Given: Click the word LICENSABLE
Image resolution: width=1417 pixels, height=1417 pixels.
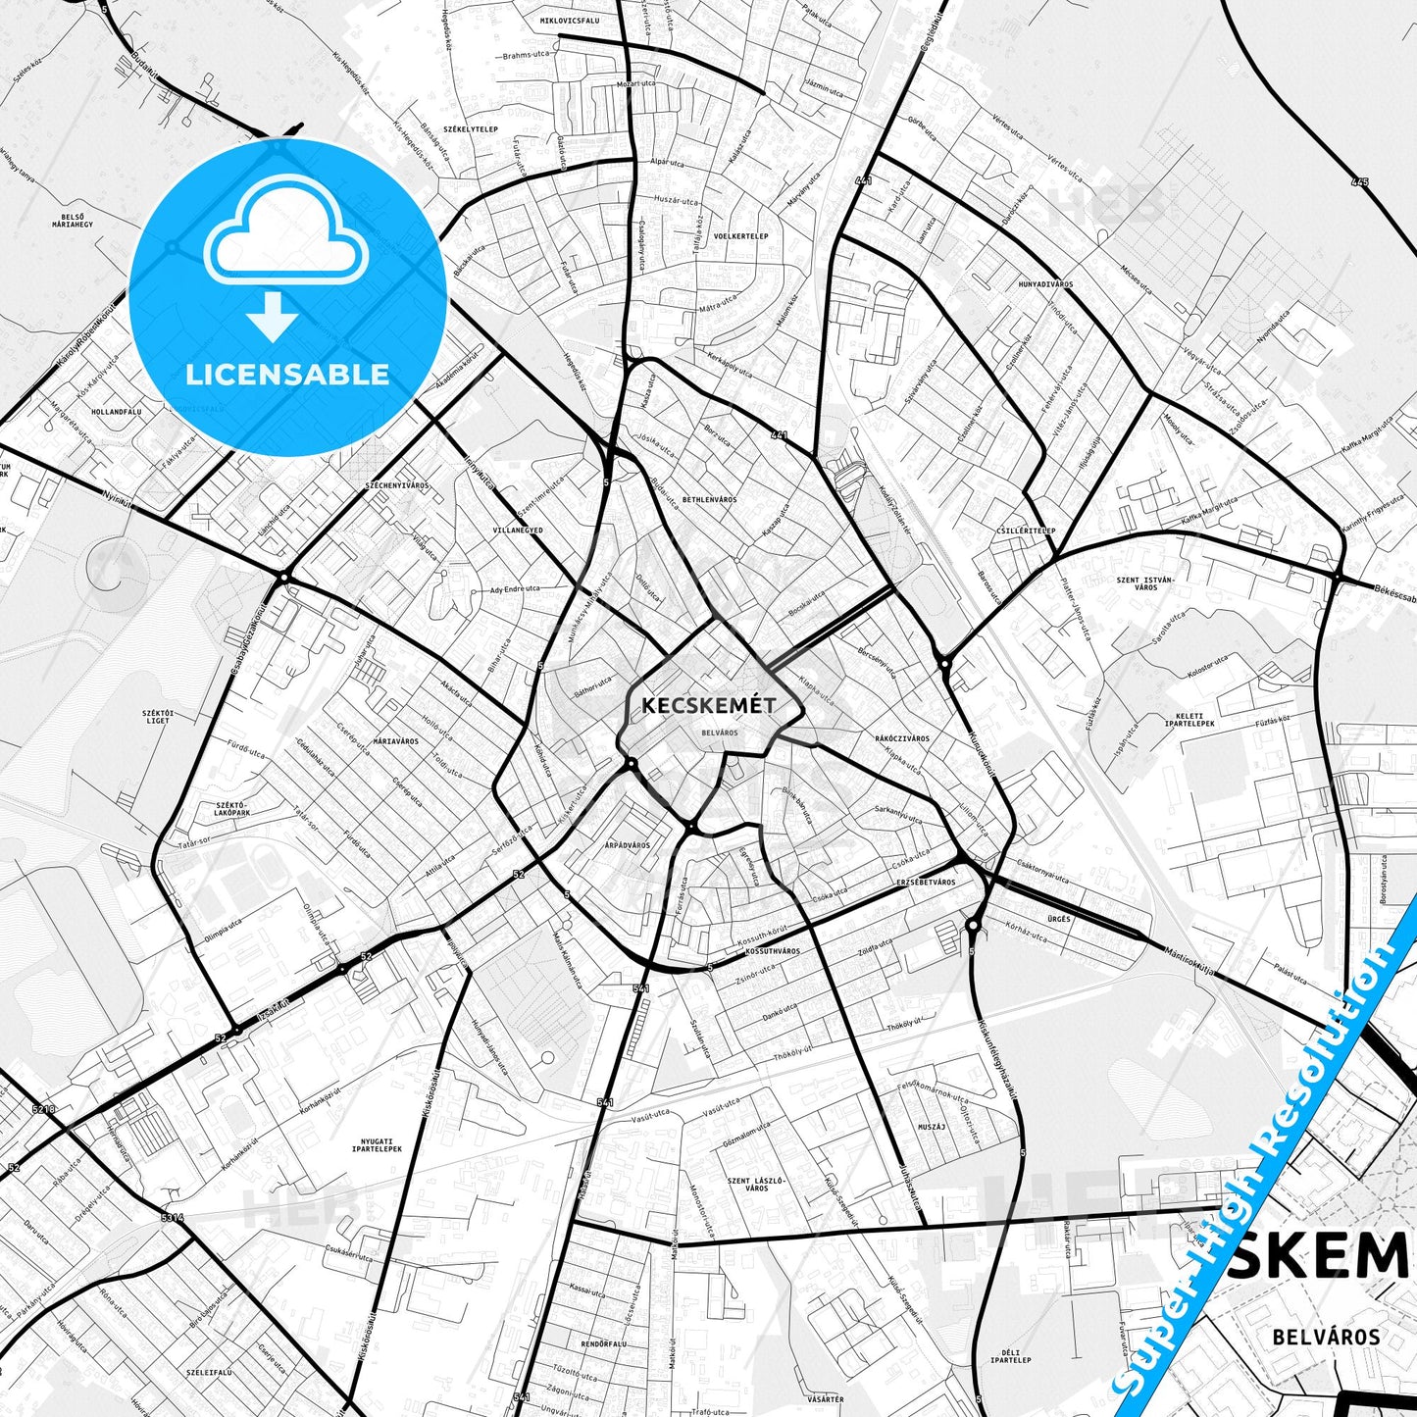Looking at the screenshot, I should (x=287, y=375).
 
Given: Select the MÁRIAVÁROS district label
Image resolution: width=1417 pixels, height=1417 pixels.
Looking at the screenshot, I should (x=396, y=741).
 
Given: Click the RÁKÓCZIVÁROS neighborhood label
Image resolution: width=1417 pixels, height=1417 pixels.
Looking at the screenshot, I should (x=901, y=738).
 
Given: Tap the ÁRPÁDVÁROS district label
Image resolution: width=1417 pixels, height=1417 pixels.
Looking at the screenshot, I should (x=628, y=845).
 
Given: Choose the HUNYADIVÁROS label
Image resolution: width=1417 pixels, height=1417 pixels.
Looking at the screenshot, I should (x=1045, y=284).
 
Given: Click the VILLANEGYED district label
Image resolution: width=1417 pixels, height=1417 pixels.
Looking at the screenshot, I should (x=519, y=531).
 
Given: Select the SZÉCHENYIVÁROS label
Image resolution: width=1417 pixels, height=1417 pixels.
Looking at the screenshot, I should (x=396, y=486).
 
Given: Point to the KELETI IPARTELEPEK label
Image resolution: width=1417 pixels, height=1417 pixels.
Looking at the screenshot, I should (x=1189, y=720).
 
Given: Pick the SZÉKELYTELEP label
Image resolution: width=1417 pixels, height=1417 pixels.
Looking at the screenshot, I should (x=471, y=129).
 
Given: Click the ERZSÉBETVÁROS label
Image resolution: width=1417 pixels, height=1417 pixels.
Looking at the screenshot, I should (x=926, y=883).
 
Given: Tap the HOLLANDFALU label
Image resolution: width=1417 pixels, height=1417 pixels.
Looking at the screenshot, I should (x=116, y=413).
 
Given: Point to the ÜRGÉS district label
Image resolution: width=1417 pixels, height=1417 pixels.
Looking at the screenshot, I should (x=1058, y=919).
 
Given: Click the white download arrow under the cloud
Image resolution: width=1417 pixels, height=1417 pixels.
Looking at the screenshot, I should (x=273, y=317).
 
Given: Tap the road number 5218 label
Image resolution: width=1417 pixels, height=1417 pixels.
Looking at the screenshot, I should (x=44, y=1109).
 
